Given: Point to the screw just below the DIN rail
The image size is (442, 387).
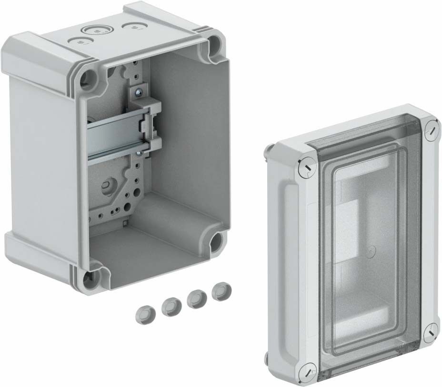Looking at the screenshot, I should pos(138,153).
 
